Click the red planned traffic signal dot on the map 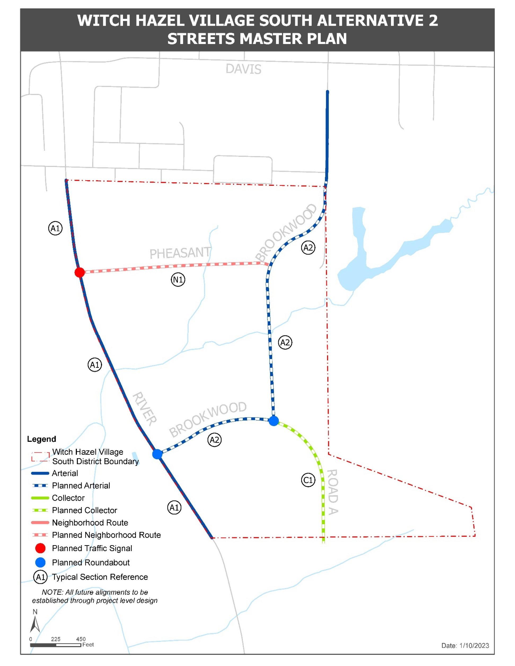point(80,272)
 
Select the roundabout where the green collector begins point(274,421)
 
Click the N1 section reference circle point(178,279)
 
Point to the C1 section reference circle point(308,480)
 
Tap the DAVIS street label point(243,69)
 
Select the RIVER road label point(145,409)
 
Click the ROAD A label point(333,492)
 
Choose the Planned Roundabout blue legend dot point(40,562)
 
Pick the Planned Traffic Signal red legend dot point(40,548)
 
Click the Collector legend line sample point(40,498)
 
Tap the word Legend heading point(41,439)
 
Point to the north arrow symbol point(35,624)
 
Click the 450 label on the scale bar point(81,639)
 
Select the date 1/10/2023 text point(474,646)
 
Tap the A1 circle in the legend point(40,577)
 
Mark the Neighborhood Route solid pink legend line point(40,523)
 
